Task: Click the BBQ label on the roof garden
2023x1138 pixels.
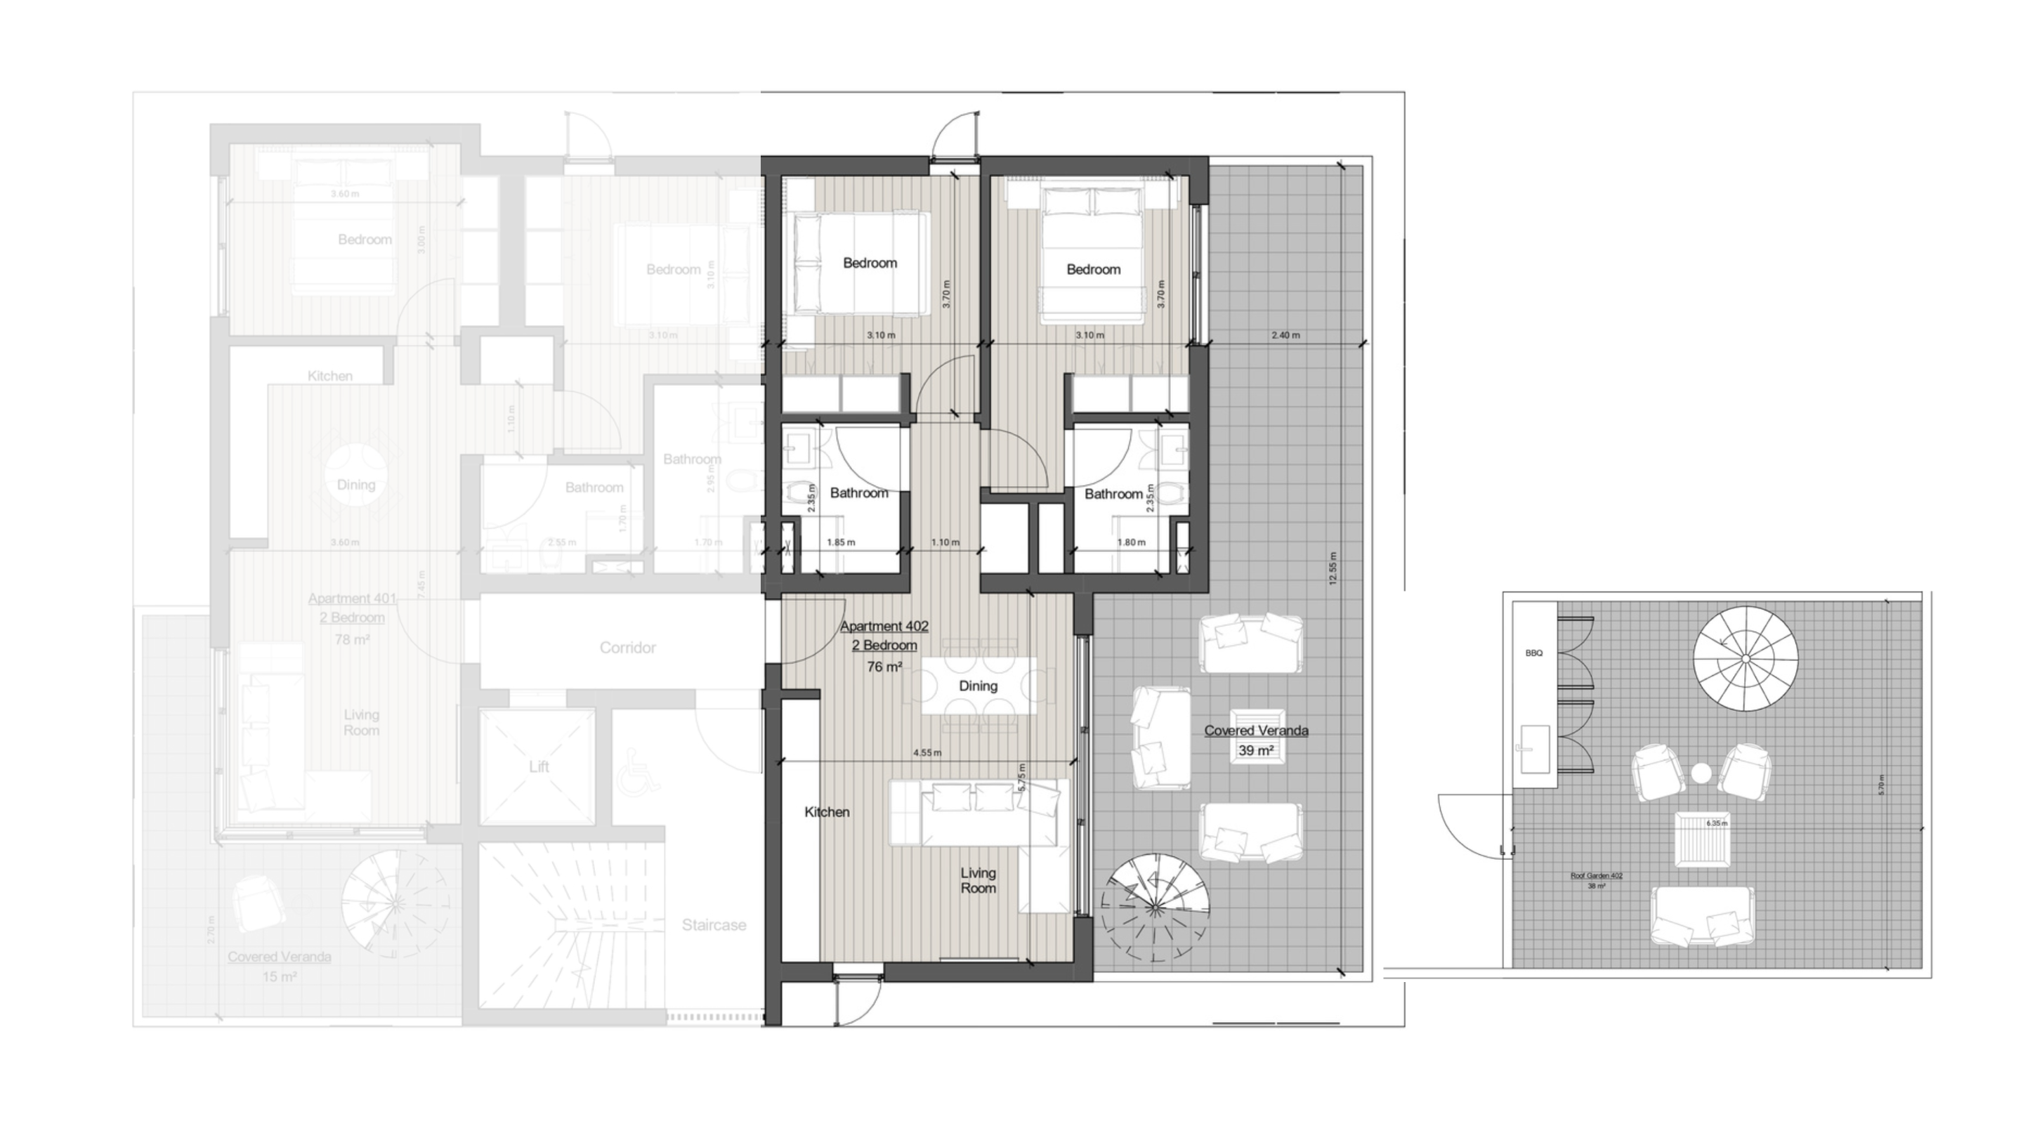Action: point(1533,653)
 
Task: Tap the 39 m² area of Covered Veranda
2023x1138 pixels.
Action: point(1255,751)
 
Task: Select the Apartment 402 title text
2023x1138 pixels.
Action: point(884,626)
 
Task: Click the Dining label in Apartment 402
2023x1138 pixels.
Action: point(978,686)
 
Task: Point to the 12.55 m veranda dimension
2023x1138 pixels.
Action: point(1332,568)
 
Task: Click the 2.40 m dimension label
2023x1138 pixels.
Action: point(1285,335)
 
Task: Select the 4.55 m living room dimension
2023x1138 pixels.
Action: point(927,752)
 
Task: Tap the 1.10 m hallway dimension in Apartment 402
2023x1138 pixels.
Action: point(945,542)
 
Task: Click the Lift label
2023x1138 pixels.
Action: point(539,766)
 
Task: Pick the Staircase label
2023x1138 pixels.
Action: point(713,925)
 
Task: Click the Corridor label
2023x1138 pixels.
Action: point(627,648)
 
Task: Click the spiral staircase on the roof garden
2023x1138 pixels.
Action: point(1745,658)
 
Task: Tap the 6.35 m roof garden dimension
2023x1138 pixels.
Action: point(1717,823)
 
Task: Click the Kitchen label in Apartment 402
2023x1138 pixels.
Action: point(826,812)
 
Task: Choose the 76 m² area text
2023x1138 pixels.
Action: point(884,667)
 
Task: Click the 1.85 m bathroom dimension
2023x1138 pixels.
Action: point(840,542)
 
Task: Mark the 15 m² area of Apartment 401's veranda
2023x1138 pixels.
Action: point(280,977)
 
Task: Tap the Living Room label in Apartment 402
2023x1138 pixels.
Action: point(978,880)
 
